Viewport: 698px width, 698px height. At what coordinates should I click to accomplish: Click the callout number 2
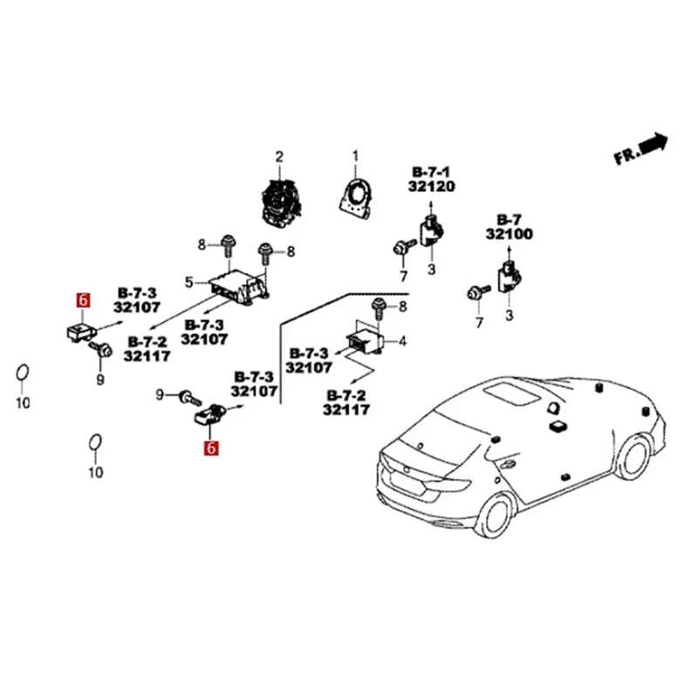pos(280,157)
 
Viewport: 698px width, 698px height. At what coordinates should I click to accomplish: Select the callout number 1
pos(355,157)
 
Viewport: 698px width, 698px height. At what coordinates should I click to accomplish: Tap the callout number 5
pos(189,281)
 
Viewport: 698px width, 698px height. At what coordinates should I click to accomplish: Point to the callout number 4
pos(402,341)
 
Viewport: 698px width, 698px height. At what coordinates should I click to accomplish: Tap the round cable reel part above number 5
pos(281,199)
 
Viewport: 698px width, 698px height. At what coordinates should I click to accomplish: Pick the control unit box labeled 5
pos(233,286)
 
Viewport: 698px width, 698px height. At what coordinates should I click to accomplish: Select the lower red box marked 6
pos(209,449)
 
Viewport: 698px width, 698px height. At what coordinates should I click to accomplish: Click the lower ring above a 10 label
pos(94,443)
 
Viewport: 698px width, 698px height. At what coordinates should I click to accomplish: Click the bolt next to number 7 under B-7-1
pos(401,248)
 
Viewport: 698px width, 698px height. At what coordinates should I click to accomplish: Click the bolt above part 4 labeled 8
pos(380,307)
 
